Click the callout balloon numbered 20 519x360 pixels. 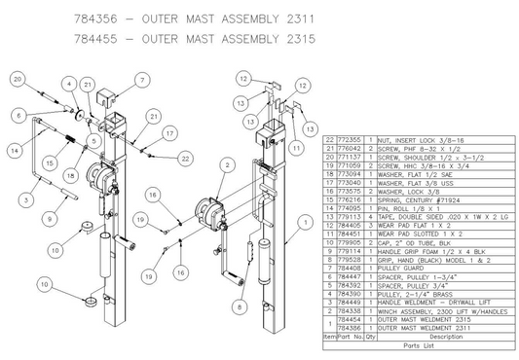[19, 77]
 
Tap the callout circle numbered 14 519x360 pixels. [14, 151]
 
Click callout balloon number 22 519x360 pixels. [186, 157]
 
